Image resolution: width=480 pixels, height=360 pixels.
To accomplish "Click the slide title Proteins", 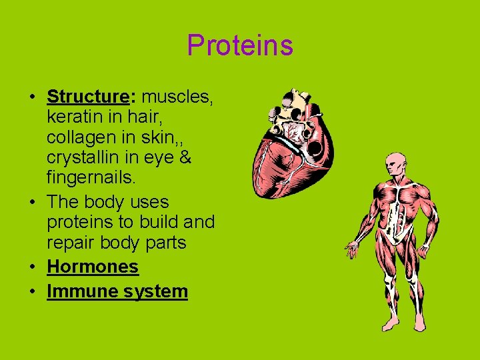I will pyautogui.click(x=239, y=45).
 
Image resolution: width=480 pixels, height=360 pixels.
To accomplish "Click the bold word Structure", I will pyautogui.click(x=87, y=97).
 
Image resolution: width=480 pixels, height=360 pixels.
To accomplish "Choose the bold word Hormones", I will pyautogui.click(x=93, y=267).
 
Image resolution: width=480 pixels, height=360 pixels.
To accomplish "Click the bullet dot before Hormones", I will pyautogui.click(x=32, y=267).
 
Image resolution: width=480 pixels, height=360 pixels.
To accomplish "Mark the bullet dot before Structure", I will pyautogui.click(x=32, y=97).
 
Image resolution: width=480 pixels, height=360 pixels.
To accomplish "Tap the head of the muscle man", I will pyautogui.click(x=396, y=165).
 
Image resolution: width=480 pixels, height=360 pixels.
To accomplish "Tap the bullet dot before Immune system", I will pyautogui.click(x=32, y=292).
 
